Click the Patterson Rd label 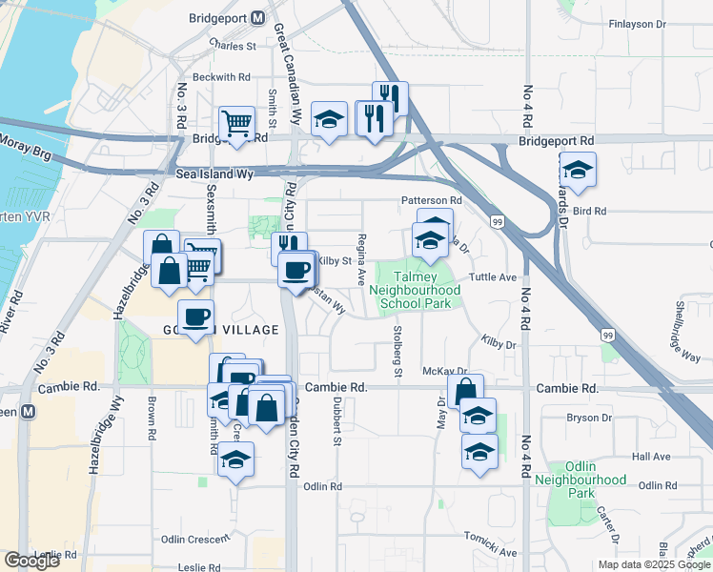pyautogui.click(x=431, y=201)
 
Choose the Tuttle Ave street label pyautogui.click(x=493, y=277)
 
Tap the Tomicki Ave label pyautogui.click(x=490, y=552)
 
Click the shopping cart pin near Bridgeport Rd pyautogui.click(x=236, y=123)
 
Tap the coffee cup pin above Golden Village pyautogui.click(x=196, y=317)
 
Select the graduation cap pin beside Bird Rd pyautogui.click(x=578, y=170)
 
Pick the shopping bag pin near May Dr pyautogui.click(x=465, y=392)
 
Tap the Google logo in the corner pyautogui.click(x=32, y=561)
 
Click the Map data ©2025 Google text pyautogui.click(x=652, y=564)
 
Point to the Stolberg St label pyautogui.click(x=398, y=349)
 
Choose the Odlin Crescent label pyautogui.click(x=195, y=539)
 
